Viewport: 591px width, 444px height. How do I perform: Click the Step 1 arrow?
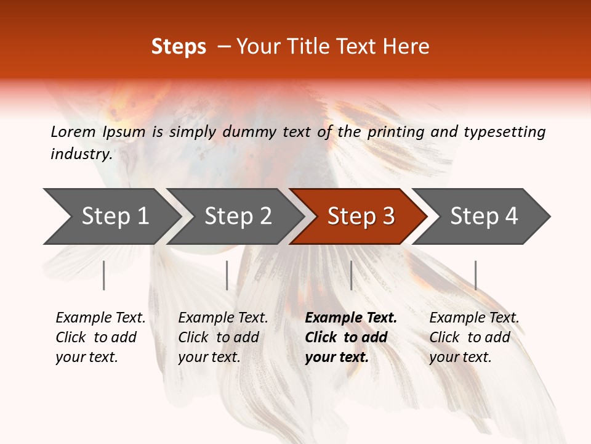click(x=114, y=216)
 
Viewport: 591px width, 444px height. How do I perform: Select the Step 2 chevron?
click(x=237, y=216)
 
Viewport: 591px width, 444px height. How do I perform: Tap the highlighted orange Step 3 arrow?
click(x=360, y=216)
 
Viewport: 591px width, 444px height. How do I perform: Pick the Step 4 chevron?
click(x=483, y=216)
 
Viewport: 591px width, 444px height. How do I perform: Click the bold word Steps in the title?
click(x=179, y=47)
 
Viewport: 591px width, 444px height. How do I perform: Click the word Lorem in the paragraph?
click(x=72, y=131)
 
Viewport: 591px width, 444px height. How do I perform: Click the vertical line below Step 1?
click(x=104, y=275)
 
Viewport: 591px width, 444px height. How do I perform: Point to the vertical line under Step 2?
click(x=227, y=275)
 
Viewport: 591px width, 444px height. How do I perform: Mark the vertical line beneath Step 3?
click(x=352, y=275)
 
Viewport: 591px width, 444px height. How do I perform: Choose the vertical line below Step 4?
click(x=476, y=275)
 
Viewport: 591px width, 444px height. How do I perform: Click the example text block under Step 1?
click(x=100, y=337)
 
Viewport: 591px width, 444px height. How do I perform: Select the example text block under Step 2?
click(x=223, y=337)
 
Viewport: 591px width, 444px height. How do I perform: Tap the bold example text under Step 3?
click(x=351, y=337)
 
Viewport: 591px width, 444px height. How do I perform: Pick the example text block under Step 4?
click(x=474, y=337)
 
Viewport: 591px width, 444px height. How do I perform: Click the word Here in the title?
click(x=409, y=47)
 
